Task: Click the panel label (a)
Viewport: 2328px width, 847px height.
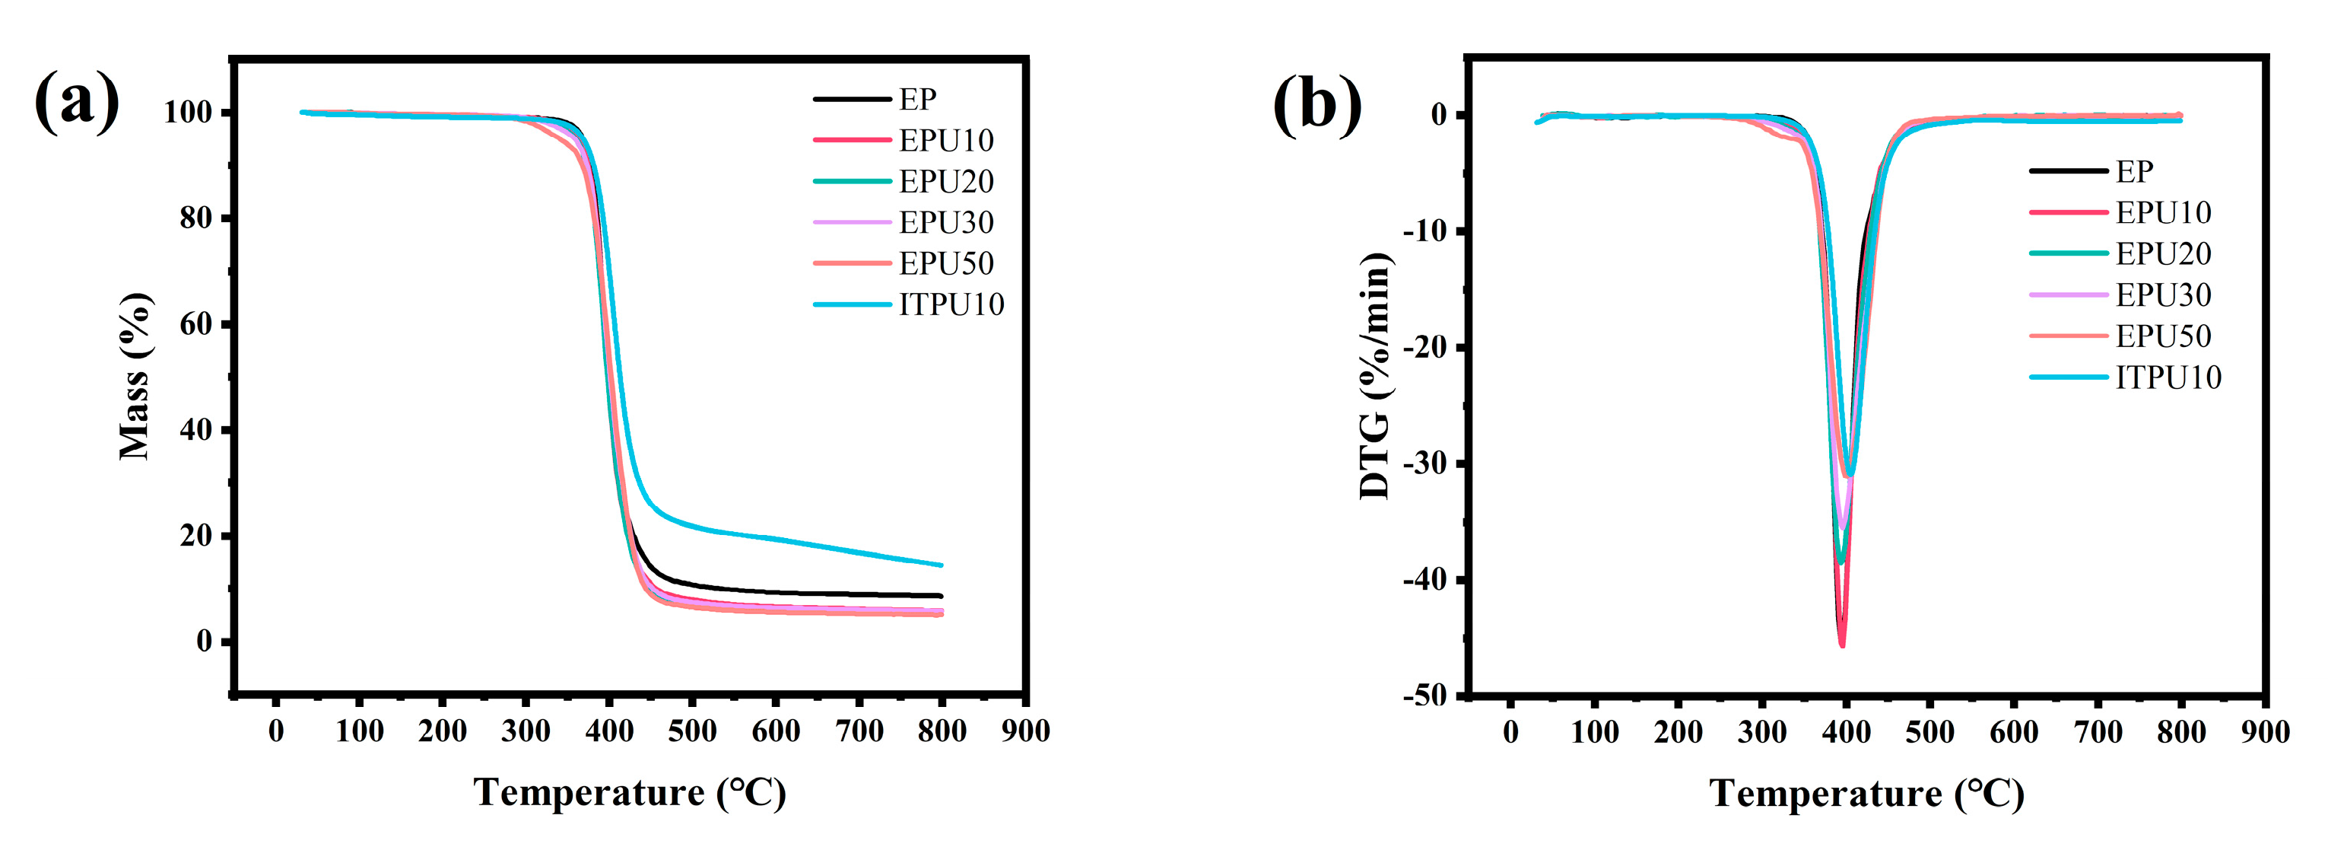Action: coord(77,101)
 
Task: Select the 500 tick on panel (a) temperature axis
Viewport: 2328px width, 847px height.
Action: coord(692,731)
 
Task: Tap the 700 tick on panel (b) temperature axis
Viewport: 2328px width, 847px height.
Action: coord(2098,731)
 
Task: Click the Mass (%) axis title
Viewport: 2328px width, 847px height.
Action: coord(135,375)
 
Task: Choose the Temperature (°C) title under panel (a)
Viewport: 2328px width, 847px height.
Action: coord(630,793)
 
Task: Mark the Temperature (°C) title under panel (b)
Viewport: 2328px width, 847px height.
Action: coord(1867,794)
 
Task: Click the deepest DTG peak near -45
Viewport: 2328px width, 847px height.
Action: coord(1842,644)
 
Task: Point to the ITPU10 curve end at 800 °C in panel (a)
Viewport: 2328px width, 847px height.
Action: coord(940,565)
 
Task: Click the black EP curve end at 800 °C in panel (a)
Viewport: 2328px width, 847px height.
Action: coord(940,596)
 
